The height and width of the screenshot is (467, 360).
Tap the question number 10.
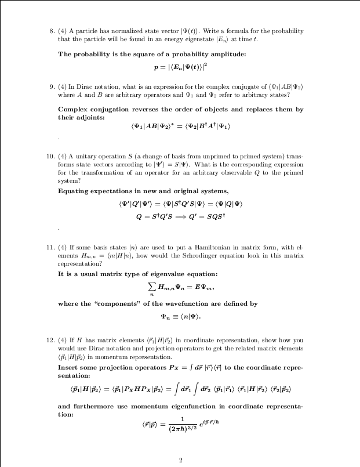[50, 157]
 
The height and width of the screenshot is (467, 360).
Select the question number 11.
[50, 248]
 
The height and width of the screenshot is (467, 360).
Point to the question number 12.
[50, 339]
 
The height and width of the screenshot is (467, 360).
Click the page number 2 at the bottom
[181, 460]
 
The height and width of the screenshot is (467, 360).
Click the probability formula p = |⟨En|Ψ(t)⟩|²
[180, 66]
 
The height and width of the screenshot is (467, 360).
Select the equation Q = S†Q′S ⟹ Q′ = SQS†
[180, 216]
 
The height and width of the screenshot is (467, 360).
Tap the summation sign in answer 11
[152, 286]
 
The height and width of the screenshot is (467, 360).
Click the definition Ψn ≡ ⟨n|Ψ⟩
[180, 316]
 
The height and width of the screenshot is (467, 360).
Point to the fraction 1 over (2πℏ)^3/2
[181, 425]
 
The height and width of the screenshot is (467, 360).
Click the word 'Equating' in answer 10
[72, 191]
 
